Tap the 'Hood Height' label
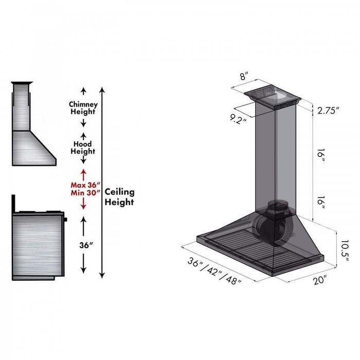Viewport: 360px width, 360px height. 83,148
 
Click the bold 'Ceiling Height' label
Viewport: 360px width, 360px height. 119,196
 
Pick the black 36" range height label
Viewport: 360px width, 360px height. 83,245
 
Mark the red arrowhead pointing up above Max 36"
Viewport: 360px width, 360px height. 83,171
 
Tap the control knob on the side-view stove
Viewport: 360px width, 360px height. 66,220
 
